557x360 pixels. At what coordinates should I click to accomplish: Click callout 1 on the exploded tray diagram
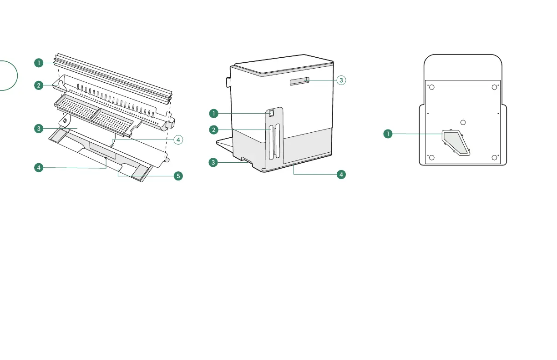pyautogui.click(x=41, y=63)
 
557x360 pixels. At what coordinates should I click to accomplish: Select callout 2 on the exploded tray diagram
pyautogui.click(x=41, y=85)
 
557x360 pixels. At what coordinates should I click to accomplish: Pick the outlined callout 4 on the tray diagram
pyautogui.click(x=179, y=140)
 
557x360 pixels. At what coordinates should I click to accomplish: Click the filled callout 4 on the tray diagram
pyautogui.click(x=41, y=168)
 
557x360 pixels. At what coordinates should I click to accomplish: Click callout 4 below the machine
pyautogui.click(x=341, y=174)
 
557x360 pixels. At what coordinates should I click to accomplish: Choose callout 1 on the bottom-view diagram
pyautogui.click(x=388, y=134)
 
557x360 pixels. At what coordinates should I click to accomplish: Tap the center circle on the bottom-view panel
pyautogui.click(x=463, y=122)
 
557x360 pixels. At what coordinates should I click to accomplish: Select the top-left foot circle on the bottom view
pyautogui.click(x=432, y=88)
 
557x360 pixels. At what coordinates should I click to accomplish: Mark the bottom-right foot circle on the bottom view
pyautogui.click(x=494, y=158)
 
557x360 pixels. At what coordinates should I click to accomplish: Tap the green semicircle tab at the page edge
pyautogui.click(x=8, y=75)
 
